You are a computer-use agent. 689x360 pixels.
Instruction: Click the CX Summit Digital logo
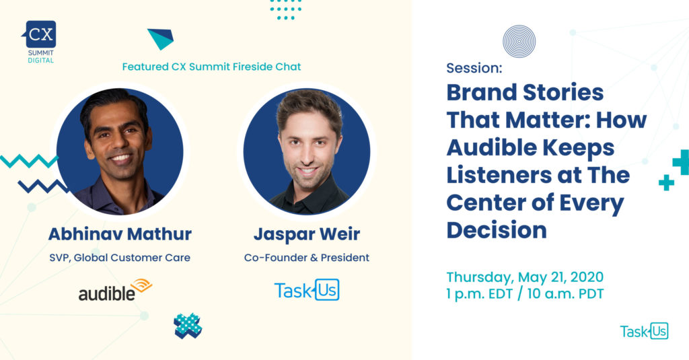[x=40, y=42]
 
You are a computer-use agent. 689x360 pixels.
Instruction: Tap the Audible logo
[x=115, y=290]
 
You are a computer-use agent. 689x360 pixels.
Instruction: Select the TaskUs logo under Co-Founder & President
[x=307, y=290]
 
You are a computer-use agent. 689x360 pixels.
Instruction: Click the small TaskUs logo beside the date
[x=644, y=331]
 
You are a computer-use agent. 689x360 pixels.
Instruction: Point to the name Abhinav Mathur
[x=120, y=234]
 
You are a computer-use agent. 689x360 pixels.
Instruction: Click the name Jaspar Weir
[x=307, y=234]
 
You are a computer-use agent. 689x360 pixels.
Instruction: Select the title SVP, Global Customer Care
[x=120, y=258]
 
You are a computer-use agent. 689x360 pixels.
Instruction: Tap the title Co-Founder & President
[x=307, y=258]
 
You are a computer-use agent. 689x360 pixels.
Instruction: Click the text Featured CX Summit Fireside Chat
[x=211, y=67]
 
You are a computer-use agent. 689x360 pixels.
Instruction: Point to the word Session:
[x=474, y=68]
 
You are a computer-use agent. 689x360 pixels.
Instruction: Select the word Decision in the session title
[x=497, y=230]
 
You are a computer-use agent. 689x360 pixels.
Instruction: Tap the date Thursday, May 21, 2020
[x=525, y=277]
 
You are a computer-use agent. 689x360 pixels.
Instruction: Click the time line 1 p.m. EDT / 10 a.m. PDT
[x=525, y=293]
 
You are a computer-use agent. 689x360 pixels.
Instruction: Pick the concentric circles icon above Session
[x=519, y=41]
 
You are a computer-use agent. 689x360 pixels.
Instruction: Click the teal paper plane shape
[x=161, y=38]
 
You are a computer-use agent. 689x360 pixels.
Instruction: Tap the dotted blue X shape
[x=188, y=326]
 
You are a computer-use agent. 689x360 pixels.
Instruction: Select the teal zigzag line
[x=29, y=161]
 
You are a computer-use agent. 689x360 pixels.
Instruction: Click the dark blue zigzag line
[x=43, y=186]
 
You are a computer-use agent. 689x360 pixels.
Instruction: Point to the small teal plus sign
[x=666, y=182]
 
